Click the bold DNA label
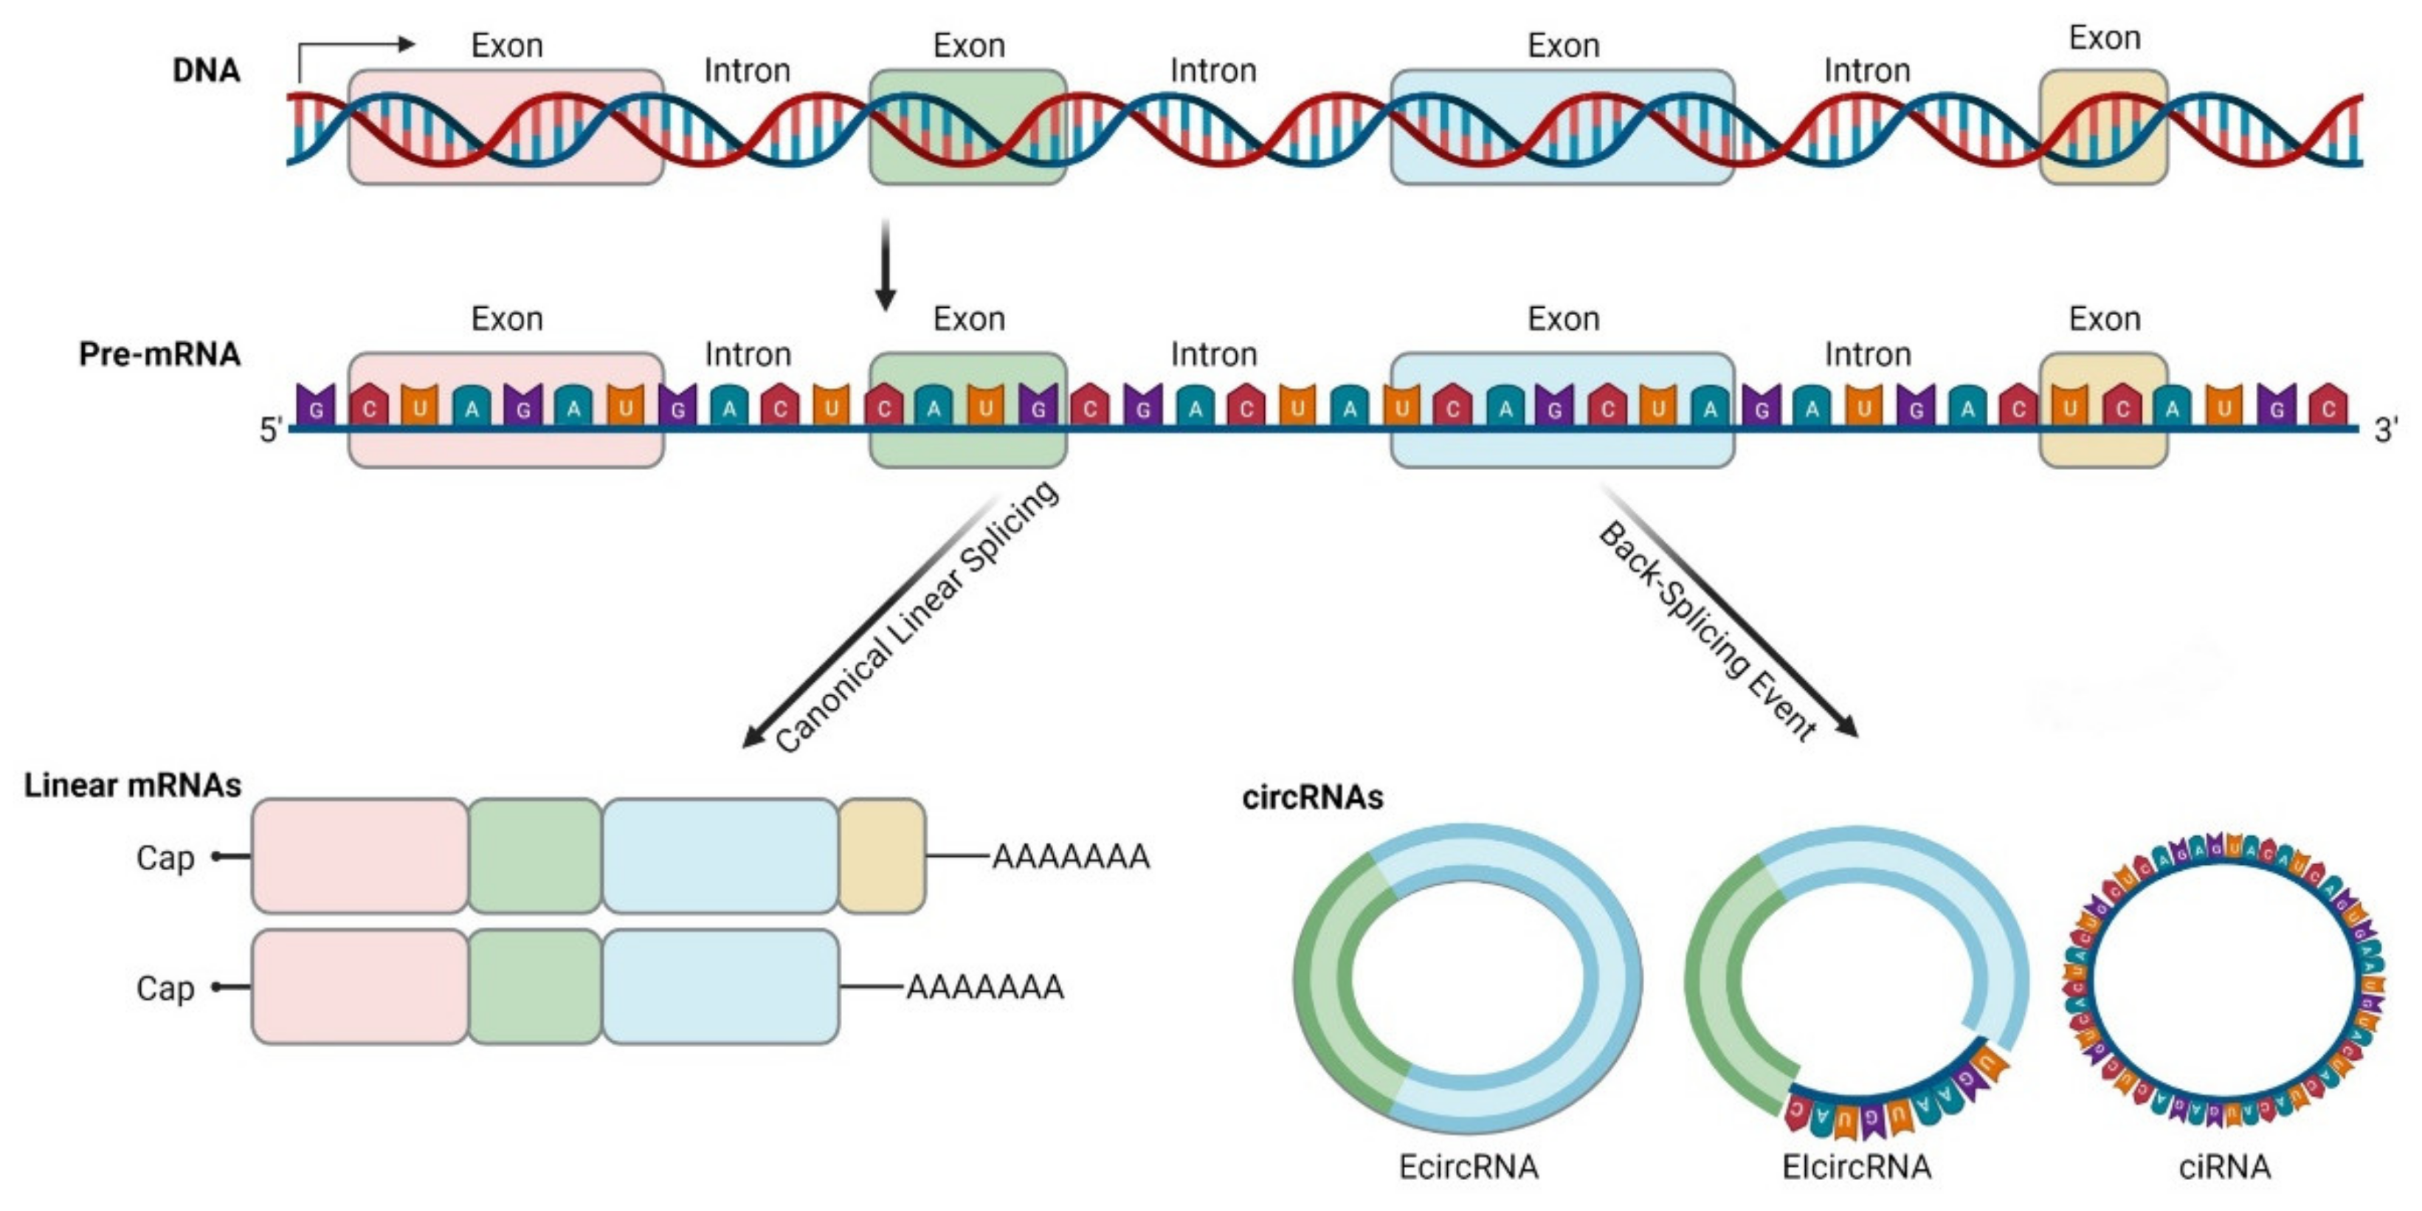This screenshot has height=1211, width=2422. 206,71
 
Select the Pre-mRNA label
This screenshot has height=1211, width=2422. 160,354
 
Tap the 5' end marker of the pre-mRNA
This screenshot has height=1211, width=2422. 271,431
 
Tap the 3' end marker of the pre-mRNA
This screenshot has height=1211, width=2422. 2385,431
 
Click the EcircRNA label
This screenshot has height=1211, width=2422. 1469,1167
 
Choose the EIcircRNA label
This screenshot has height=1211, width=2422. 1857,1167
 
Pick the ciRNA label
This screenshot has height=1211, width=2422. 2224,1167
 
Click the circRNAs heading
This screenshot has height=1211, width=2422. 1313,797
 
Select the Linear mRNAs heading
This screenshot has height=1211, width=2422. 133,785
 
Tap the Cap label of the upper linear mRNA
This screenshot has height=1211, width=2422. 165,858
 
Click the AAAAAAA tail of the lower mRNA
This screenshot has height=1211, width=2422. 984,987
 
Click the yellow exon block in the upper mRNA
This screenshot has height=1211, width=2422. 881,855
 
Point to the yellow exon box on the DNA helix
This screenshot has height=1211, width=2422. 2103,127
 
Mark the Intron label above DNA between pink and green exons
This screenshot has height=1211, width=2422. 748,71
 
